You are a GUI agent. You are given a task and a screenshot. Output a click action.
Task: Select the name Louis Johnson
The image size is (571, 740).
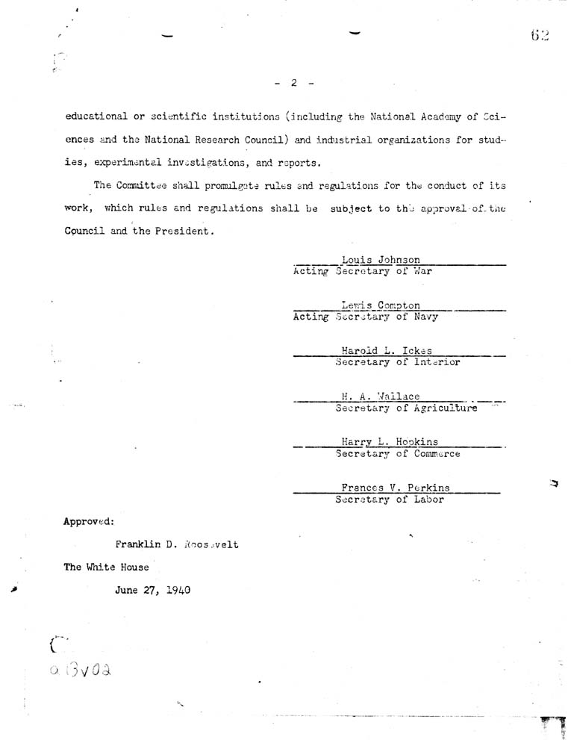[381, 260]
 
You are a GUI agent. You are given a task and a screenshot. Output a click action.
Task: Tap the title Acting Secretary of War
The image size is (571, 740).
[363, 271]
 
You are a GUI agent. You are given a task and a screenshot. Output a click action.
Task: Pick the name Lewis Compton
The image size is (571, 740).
[381, 305]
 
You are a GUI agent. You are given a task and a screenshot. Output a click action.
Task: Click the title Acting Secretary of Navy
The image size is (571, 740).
[366, 317]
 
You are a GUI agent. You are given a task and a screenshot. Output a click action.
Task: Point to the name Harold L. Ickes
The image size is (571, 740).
[387, 351]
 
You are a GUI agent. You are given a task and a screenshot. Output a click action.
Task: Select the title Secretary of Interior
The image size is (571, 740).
[398, 362]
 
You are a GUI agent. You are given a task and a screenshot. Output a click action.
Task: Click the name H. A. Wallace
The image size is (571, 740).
[381, 397]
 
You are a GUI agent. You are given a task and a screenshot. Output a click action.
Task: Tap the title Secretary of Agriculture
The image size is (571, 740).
[406, 408]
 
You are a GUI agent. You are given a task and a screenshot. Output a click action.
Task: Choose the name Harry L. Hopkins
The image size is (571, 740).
[390, 442]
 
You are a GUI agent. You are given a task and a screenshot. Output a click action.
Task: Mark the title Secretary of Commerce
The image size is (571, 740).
[398, 453]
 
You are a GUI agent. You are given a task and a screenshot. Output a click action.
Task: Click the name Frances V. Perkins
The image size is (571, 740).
[396, 488]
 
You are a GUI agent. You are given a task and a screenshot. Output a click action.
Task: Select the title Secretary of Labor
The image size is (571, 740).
[390, 500]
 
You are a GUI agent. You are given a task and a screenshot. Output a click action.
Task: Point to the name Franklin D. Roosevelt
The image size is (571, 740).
[177, 544]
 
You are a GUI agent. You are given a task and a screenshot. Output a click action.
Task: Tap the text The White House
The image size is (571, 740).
[106, 567]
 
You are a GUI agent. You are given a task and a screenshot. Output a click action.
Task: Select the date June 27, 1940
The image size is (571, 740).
[153, 590]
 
